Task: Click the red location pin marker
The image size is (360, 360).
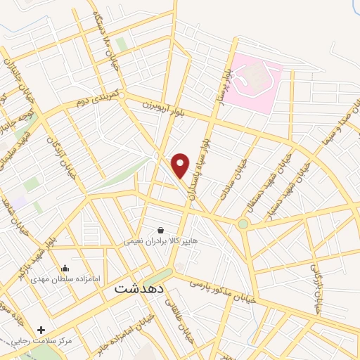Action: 181,165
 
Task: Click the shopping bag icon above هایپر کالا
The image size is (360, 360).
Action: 161,230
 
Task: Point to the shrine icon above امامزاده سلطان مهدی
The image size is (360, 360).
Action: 65,268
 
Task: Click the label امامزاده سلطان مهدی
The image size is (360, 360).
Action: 65,279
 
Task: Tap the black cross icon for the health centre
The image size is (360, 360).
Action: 41,330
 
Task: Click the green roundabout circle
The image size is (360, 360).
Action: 243,224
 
